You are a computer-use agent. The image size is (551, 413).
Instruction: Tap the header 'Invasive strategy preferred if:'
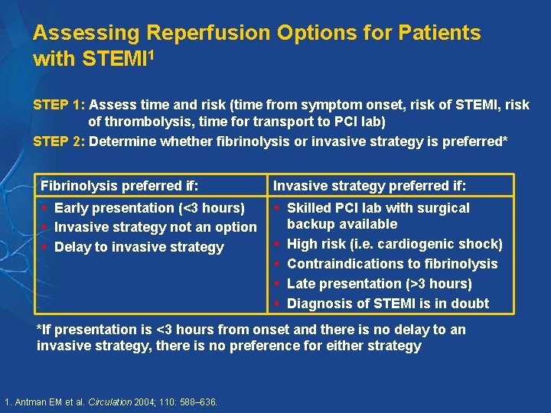[x=370, y=186]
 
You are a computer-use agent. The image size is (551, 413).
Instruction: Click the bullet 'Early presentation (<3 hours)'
[x=149, y=208]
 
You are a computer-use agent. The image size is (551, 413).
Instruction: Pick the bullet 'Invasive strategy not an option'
[x=155, y=227]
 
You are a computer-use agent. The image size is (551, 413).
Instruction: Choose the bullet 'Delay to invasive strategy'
[x=139, y=247]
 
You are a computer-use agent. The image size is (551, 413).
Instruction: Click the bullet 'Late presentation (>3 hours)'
[x=379, y=284]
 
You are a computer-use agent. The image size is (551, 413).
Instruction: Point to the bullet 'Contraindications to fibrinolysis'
[x=392, y=264]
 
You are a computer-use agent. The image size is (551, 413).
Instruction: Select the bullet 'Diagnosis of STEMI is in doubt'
[x=387, y=304]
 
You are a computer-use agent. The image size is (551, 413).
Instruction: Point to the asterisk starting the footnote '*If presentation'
[x=40, y=329]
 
